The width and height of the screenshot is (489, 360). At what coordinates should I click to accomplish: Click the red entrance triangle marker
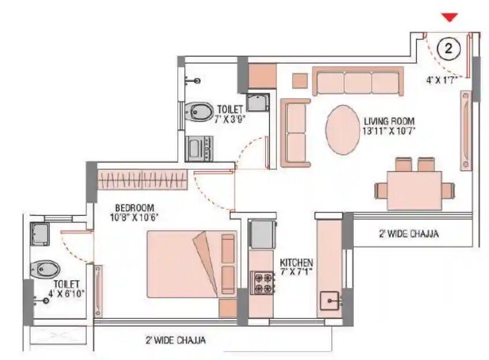[x=449, y=17]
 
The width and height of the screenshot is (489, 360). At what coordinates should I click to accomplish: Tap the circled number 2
[x=448, y=49]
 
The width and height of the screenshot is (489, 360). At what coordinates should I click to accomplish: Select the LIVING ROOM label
[x=389, y=121]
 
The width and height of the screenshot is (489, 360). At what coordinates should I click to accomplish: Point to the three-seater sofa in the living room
[x=358, y=81]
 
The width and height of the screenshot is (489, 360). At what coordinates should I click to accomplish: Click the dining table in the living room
[x=414, y=190]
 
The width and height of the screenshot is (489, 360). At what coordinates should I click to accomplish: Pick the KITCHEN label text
[x=297, y=262]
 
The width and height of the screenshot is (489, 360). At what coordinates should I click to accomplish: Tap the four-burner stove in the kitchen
[x=263, y=283]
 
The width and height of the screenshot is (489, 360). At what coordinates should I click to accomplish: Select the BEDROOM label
[x=133, y=208]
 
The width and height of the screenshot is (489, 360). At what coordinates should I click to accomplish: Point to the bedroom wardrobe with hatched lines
[x=143, y=179]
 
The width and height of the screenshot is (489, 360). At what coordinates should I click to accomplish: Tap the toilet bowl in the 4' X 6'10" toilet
[x=46, y=268]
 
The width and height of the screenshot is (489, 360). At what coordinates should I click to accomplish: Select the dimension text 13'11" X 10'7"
[x=389, y=131]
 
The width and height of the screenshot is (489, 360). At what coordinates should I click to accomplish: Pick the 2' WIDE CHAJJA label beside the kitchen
[x=408, y=234]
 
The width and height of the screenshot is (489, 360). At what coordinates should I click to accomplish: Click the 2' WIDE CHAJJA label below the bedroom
[x=175, y=340]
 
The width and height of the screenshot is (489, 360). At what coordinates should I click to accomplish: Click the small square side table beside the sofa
[x=300, y=81]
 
